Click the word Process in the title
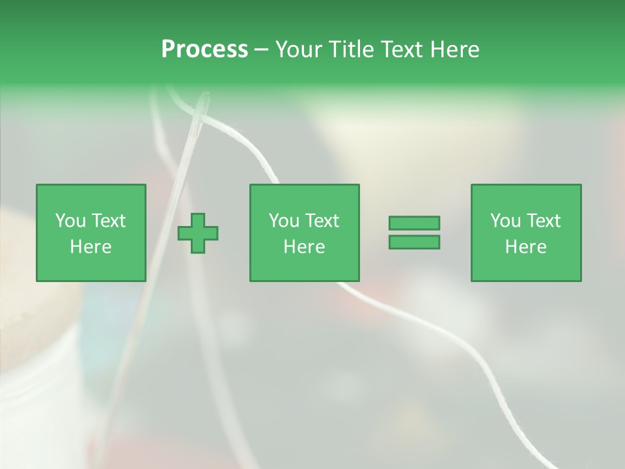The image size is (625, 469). click(x=204, y=49)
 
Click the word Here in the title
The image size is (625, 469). click(x=454, y=49)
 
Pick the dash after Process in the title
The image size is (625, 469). click(x=261, y=50)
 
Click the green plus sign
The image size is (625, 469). click(x=198, y=233)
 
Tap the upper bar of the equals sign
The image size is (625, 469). click(x=414, y=223)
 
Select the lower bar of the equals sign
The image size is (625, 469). click(x=414, y=242)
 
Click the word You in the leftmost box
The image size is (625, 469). click(x=70, y=220)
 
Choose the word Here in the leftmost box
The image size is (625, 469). click(x=90, y=247)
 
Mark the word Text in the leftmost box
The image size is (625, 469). click(x=107, y=220)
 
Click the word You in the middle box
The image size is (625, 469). click(x=284, y=220)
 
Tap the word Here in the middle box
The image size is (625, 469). click(x=304, y=247)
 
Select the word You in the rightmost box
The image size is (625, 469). click(x=505, y=220)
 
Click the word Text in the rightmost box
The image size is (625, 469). click(x=542, y=220)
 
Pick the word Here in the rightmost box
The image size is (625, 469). click(x=525, y=247)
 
